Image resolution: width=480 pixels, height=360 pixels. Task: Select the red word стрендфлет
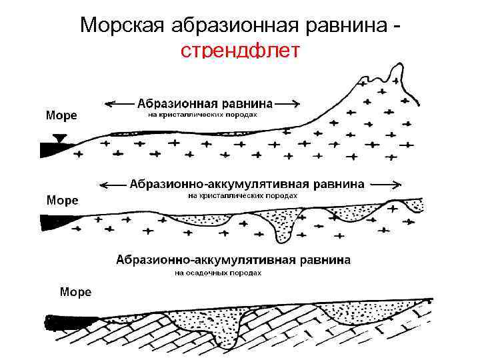pos(241,51)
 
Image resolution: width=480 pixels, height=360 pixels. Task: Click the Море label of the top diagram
pos(61,115)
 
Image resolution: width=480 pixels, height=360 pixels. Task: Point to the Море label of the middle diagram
pos(61,200)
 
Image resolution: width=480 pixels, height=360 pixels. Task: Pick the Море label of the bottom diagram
pos(76,291)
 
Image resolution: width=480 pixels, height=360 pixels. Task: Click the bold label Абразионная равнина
pos(205,104)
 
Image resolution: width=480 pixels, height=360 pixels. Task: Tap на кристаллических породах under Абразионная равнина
pos(201,115)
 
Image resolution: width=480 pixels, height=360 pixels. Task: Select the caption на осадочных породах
pos(218,272)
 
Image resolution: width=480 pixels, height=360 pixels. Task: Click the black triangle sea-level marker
pos(61,139)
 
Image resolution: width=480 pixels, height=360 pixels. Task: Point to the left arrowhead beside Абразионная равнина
pos(109,103)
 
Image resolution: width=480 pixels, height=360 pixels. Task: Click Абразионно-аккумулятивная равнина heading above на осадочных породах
pos(233,260)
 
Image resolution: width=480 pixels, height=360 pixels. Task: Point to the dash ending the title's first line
pos(397,27)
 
